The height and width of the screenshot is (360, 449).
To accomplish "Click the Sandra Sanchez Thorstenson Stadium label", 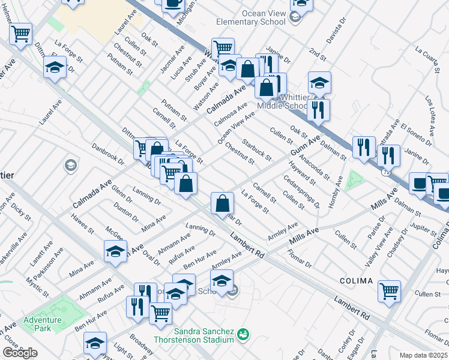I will [x=203, y=335].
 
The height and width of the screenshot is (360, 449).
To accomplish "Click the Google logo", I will [x=20, y=353].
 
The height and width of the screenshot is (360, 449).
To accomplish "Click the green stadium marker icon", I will [x=243, y=334].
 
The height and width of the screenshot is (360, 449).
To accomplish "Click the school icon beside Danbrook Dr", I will [x=70, y=165].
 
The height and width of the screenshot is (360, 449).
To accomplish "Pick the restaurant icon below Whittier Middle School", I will [x=318, y=109].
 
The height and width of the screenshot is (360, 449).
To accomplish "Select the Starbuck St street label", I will [x=257, y=151].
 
